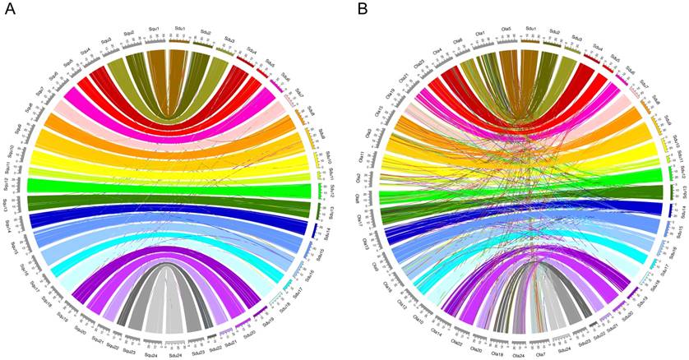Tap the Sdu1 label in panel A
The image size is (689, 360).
point(179,29)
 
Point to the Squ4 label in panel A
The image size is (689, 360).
point(86,52)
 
